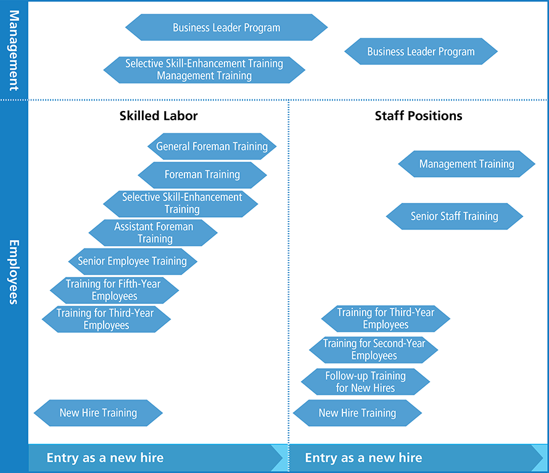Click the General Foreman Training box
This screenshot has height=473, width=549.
(x=212, y=147)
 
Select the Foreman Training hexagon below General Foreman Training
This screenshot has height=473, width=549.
(x=202, y=175)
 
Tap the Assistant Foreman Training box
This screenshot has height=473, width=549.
(x=154, y=232)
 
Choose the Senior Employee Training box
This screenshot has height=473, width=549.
(x=133, y=261)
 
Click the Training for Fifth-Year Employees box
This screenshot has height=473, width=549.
(x=114, y=290)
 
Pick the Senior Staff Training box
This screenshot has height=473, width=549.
(x=455, y=216)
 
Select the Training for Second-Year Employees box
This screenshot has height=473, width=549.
(x=374, y=350)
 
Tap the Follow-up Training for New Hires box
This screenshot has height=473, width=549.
(x=365, y=382)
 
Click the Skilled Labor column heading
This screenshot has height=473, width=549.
(x=159, y=116)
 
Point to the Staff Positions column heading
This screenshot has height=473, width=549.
(x=418, y=116)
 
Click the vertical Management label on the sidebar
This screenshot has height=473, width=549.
(x=13, y=49)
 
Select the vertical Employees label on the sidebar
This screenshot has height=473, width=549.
(x=13, y=271)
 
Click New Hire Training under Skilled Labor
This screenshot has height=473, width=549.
(x=98, y=413)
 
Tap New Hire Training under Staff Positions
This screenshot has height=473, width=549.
(x=357, y=413)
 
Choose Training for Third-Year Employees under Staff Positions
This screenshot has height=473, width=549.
(x=386, y=319)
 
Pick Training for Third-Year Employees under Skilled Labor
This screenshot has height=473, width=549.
(x=105, y=319)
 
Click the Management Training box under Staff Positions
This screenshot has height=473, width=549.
(x=466, y=164)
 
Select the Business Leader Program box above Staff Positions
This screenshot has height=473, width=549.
(x=421, y=52)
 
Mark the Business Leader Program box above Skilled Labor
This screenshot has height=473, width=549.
(x=226, y=28)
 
